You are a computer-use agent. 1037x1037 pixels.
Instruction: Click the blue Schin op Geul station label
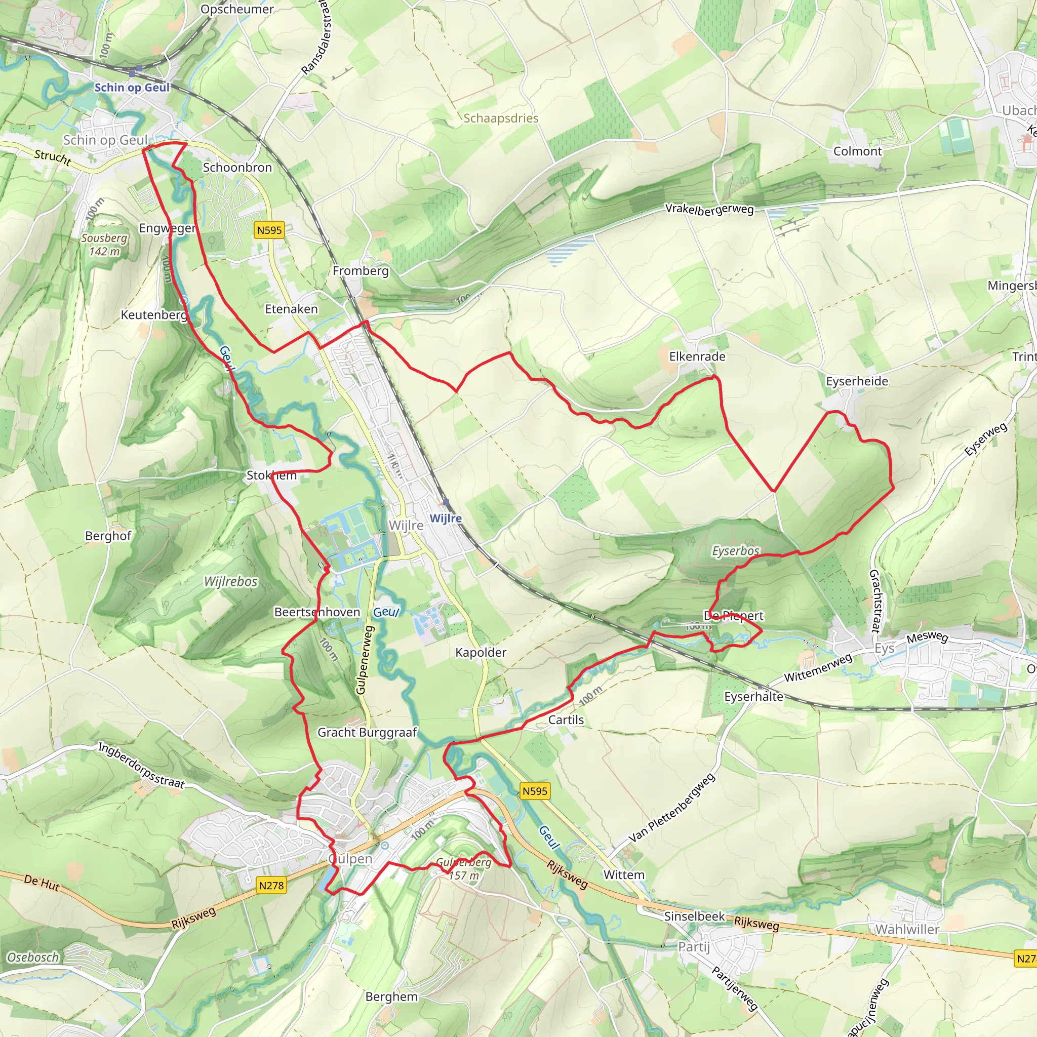pos(132,88)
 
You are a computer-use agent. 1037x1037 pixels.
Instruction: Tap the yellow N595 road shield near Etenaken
pos(269,230)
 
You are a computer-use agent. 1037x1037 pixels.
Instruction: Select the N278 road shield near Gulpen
pos(271,885)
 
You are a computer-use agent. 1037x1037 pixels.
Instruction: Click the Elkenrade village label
pos(697,356)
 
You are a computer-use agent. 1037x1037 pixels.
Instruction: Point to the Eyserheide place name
pos(857,381)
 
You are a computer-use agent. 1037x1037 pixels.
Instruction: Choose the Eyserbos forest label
pos(735,551)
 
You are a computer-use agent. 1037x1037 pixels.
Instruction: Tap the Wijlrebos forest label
pos(231,581)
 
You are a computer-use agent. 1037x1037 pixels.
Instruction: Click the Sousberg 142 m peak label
pos(105,245)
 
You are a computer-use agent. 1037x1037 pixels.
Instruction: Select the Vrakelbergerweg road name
pos(709,209)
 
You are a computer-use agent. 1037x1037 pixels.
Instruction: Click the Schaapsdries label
pos(501,118)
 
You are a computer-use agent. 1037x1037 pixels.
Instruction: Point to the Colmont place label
pos(857,151)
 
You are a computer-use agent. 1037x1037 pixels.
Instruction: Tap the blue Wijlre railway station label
pos(446,518)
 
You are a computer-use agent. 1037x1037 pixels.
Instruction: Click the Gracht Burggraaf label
pos(367,732)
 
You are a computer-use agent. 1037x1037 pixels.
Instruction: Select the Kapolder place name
pos(481,652)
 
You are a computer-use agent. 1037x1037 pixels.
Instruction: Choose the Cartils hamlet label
pos(566,720)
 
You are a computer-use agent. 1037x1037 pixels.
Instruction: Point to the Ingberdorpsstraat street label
pos(141,766)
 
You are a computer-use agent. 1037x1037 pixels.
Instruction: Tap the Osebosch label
pos(33,958)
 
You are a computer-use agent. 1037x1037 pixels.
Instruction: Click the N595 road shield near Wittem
pos(535,790)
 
